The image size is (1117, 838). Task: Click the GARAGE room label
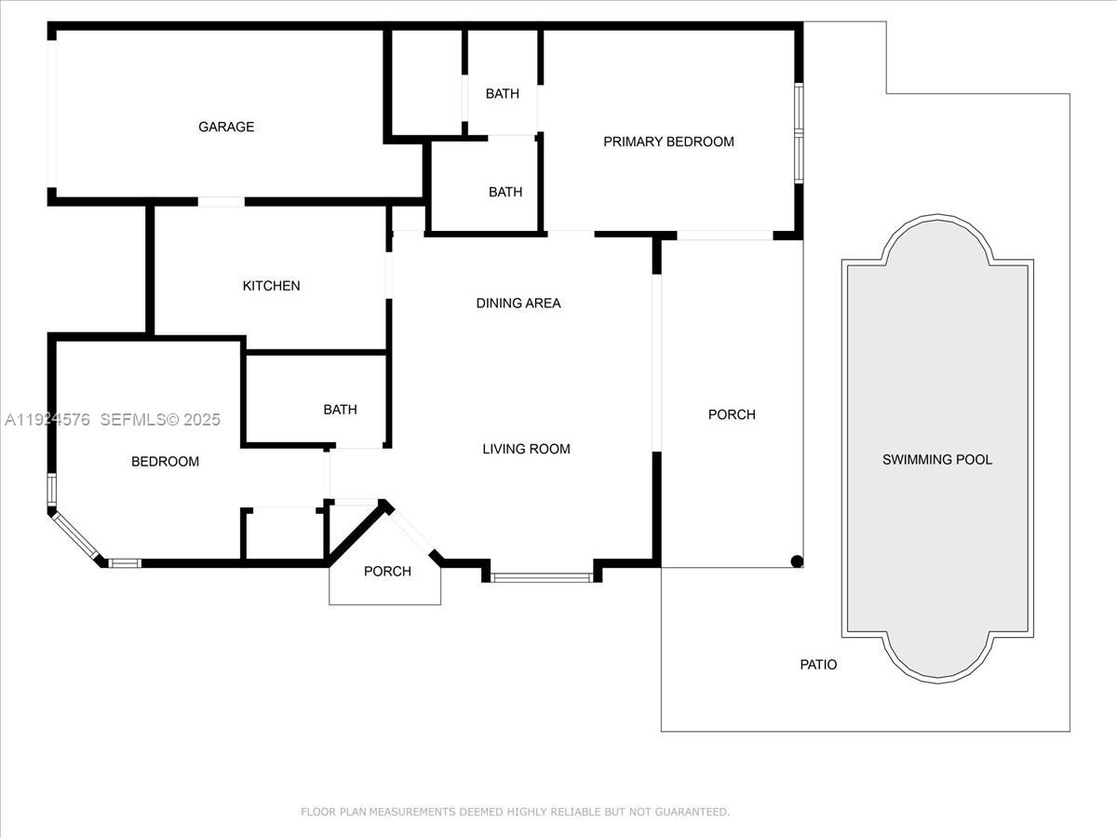pyautogui.click(x=226, y=127)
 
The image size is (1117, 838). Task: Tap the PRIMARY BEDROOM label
pyautogui.click(x=668, y=142)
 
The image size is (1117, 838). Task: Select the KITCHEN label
pyautogui.click(x=271, y=286)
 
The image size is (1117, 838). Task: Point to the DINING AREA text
pyautogui.click(x=518, y=303)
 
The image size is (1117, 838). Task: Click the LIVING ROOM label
pyautogui.click(x=526, y=449)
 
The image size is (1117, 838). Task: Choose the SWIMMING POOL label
pyautogui.click(x=937, y=459)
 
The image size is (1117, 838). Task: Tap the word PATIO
pyautogui.click(x=818, y=665)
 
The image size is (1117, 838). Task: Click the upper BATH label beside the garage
pyautogui.click(x=503, y=93)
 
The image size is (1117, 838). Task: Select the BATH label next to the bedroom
pyautogui.click(x=340, y=410)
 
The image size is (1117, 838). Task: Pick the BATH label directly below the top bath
pyautogui.click(x=505, y=192)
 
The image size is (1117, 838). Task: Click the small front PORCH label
pyautogui.click(x=387, y=571)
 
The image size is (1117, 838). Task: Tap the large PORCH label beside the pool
pyautogui.click(x=732, y=414)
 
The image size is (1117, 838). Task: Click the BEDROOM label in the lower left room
pyautogui.click(x=165, y=462)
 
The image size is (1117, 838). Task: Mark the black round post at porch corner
pyautogui.click(x=797, y=561)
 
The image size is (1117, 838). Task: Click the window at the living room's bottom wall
pyautogui.click(x=541, y=578)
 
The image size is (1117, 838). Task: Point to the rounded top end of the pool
pyautogui.click(x=937, y=237)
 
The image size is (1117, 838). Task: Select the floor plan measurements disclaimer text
pyautogui.click(x=515, y=812)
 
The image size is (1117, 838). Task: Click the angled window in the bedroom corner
pyautogui.click(x=77, y=537)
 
